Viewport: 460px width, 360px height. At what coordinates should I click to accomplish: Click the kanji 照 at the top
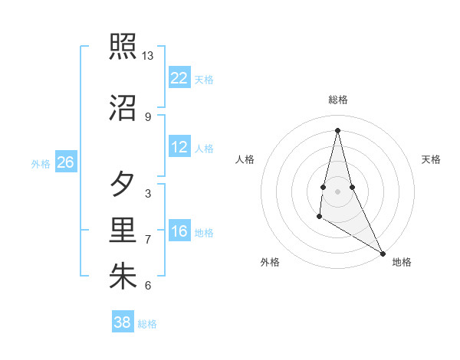tap(123, 46)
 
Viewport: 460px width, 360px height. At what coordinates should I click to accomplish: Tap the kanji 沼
tap(123, 107)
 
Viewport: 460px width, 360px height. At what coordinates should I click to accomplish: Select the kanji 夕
tap(123, 185)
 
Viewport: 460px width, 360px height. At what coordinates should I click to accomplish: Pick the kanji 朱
tap(123, 277)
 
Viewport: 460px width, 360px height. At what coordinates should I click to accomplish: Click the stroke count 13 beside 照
tap(148, 56)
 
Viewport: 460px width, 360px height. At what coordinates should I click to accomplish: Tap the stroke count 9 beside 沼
tap(148, 116)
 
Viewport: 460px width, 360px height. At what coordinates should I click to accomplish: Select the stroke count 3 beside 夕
tap(148, 194)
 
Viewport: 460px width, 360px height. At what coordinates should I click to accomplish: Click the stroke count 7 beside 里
tap(148, 240)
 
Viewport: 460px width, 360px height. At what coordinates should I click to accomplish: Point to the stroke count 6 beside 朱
tap(148, 286)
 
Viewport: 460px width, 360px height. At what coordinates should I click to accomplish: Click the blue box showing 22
tap(179, 78)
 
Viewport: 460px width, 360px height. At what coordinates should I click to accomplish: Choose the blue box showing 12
tap(179, 147)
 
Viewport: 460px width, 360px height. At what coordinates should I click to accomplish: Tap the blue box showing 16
tap(179, 231)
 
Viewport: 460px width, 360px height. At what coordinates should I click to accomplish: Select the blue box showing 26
tap(65, 162)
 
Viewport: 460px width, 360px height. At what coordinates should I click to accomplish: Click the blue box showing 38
tap(122, 322)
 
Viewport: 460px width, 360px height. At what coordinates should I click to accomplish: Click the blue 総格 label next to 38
tap(147, 324)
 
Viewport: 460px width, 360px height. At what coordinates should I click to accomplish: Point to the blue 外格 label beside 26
tap(41, 163)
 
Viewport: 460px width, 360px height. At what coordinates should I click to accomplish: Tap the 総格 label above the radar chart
tap(337, 100)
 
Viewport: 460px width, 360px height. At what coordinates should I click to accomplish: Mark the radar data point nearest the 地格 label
tap(383, 253)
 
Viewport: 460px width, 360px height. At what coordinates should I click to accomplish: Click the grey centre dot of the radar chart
tap(337, 191)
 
